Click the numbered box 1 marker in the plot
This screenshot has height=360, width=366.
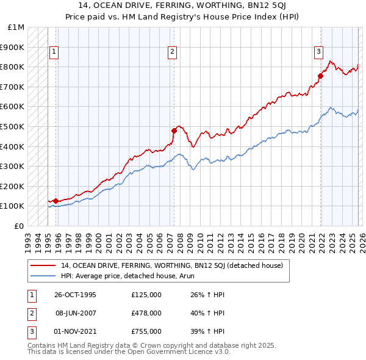coord(54,52)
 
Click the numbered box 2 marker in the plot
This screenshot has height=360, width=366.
coord(173,52)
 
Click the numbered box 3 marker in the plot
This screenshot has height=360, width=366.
coord(318,52)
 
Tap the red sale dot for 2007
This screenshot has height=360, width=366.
coord(174,130)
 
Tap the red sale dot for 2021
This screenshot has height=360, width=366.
coord(320,76)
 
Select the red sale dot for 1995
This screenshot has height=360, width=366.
coord(56,200)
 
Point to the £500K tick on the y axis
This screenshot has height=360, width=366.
coord(12,126)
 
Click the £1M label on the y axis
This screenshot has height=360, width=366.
coord(16,27)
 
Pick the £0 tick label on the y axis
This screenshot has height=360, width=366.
coord(20,226)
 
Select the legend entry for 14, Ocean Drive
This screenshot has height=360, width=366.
coord(171,265)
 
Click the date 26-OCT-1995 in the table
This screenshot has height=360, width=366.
coord(75,295)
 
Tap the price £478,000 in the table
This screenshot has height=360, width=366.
coord(146,313)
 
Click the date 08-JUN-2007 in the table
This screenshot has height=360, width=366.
coord(75,313)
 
